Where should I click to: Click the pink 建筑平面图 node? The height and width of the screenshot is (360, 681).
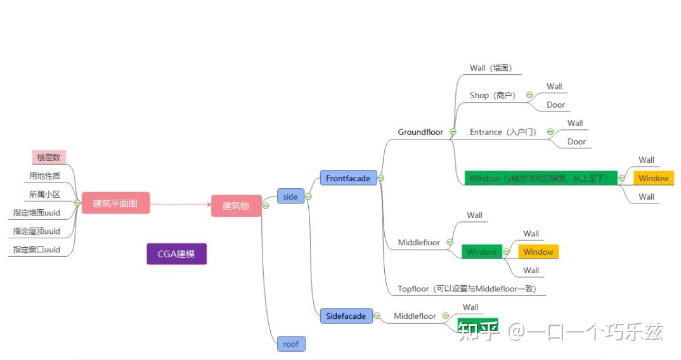pyautogui.click(x=115, y=203)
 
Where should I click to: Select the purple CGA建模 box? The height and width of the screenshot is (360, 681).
pyautogui.click(x=176, y=254)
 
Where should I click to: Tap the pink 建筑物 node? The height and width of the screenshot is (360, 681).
pyautogui.click(x=236, y=205)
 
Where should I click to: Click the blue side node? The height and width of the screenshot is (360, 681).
pyautogui.click(x=290, y=196)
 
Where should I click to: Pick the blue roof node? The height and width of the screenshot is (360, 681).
pyautogui.click(x=291, y=344)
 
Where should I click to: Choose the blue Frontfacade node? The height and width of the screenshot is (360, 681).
pyautogui.click(x=348, y=178)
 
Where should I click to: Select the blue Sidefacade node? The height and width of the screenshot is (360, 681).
pyautogui.click(x=346, y=316)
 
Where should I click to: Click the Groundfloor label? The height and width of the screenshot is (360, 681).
pyautogui.click(x=420, y=132)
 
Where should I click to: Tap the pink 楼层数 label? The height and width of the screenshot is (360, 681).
pyautogui.click(x=49, y=157)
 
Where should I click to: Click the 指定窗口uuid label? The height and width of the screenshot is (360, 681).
pyautogui.click(x=37, y=249)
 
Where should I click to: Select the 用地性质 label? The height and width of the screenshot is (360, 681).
pyautogui.click(x=44, y=176)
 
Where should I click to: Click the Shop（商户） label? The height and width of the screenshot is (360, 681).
pyautogui.click(x=493, y=95)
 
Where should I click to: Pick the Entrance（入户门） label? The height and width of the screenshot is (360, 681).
pyautogui.click(x=503, y=132)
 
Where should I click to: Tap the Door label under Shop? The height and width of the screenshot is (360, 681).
pyautogui.click(x=555, y=105)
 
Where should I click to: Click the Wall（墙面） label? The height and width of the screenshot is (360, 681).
pyautogui.click(x=491, y=68)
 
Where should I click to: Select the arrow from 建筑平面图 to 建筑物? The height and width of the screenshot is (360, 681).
pyautogui.click(x=181, y=204)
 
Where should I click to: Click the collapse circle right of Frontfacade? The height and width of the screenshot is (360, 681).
pyautogui.click(x=381, y=178)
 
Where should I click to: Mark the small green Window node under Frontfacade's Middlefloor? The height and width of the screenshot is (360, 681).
pyautogui.click(x=481, y=252)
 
